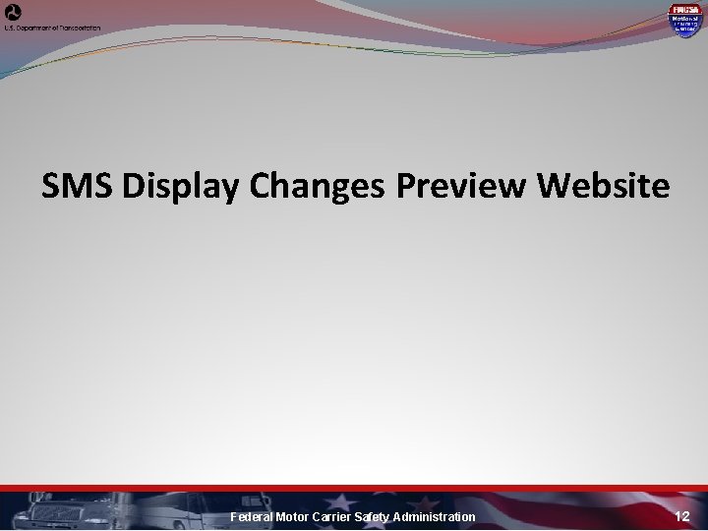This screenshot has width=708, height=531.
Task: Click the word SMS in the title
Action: tap(80, 186)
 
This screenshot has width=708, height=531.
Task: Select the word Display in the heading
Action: tap(178, 186)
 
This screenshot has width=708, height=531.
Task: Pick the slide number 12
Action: tap(683, 516)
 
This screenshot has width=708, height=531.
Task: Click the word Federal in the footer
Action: tap(252, 517)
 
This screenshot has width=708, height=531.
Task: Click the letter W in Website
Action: tap(558, 186)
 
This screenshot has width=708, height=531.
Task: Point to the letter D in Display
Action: tap(136, 186)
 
